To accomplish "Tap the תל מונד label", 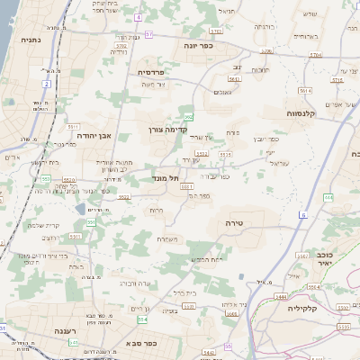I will click(167, 178).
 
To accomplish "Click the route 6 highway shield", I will click(303, 215).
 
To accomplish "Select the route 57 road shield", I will click(149, 33).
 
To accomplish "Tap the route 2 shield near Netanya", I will click(46, 83).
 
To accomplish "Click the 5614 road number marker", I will click(304, 91).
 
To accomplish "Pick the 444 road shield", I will click(328, 196).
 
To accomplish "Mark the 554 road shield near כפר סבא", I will click(210, 351).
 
